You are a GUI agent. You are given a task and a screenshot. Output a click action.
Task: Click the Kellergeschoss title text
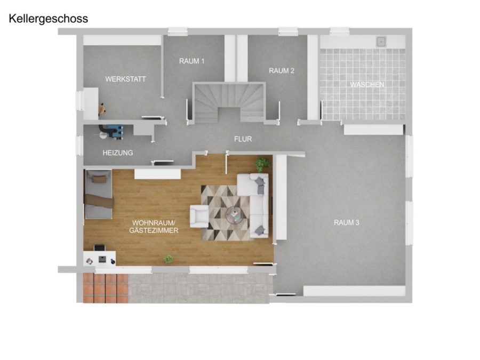pos(49,19)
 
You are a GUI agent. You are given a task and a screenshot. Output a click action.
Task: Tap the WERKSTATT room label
pos(125,79)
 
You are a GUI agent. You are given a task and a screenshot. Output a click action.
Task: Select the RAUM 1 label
pos(191,61)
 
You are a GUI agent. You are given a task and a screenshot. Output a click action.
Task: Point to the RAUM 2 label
pos(281,71)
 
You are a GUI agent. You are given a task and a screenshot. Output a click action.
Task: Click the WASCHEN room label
pos(367,84)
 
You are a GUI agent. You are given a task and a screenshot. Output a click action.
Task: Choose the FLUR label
pos(243,139)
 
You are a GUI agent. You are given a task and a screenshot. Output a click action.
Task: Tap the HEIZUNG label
pos(118,153)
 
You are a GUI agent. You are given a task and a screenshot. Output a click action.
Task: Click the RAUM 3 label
pos(347,222)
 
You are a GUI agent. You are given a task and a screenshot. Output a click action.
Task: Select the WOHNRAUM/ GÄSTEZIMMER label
pos(154,227)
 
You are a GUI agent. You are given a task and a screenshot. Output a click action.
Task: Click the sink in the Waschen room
pos(381,41)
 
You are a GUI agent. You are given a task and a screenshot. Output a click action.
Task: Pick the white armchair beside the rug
pos(199,216)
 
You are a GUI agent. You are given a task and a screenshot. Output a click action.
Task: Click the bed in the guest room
pos(99,194)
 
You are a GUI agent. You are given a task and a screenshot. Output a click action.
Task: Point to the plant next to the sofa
pos(262,164)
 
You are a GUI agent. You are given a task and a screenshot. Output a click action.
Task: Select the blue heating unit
pos(115,132)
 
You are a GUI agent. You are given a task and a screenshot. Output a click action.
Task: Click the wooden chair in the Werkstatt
pos(102,109)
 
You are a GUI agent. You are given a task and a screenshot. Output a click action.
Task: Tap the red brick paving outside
pos(106,288)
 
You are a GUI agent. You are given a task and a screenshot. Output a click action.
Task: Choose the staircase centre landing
pos(229,114)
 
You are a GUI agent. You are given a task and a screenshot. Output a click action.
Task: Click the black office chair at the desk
pos(99,247)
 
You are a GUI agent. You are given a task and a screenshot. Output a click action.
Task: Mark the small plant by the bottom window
pos(168,259)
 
